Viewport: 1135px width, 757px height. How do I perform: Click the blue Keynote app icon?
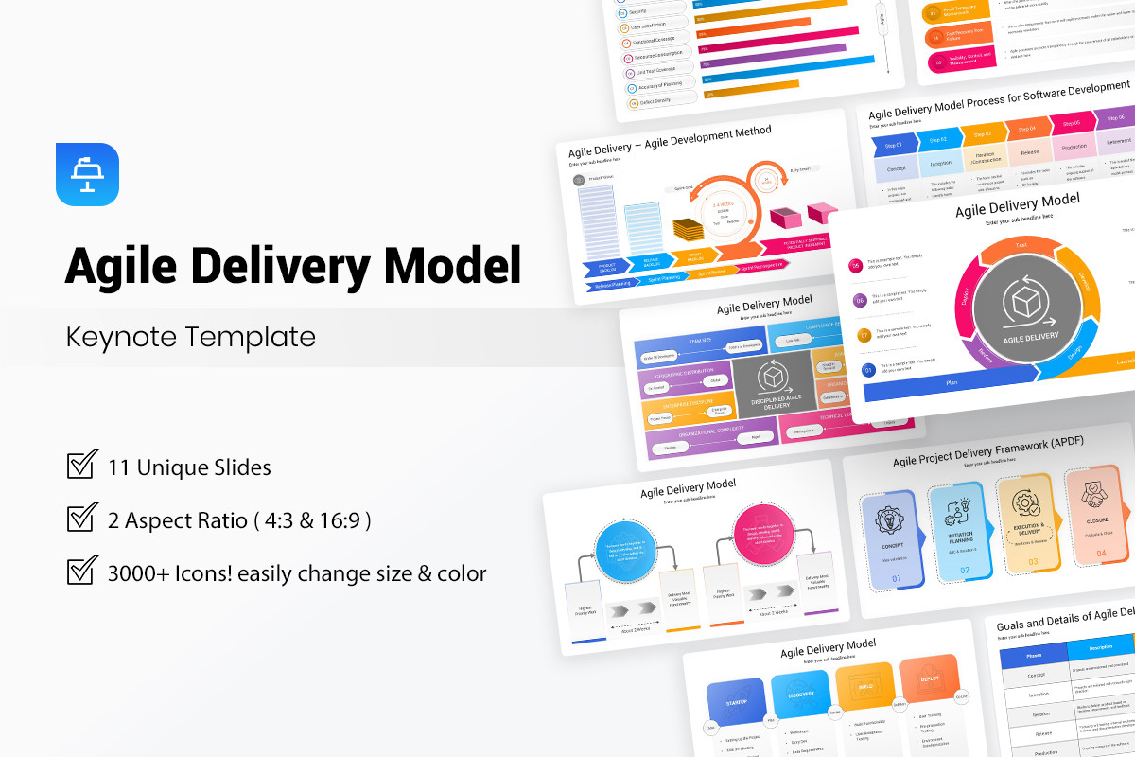point(87,174)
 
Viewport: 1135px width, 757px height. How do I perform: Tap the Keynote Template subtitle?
point(190,337)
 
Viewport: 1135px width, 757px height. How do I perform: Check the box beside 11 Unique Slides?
point(82,466)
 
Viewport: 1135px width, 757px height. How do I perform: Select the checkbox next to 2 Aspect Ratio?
point(82,519)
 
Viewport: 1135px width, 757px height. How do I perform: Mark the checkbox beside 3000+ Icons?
point(82,572)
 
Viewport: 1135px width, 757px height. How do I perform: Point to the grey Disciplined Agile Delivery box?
point(770,384)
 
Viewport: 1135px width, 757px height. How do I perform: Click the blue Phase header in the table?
point(1033,654)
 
